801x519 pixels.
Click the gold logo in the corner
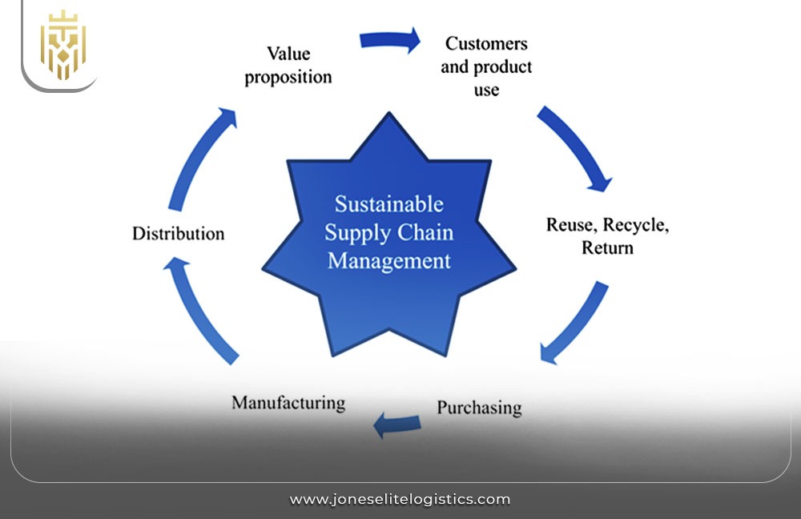[x=63, y=45]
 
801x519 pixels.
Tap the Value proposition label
[x=288, y=66]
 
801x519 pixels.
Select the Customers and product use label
[x=486, y=66]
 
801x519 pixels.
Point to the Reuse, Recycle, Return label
[x=607, y=236]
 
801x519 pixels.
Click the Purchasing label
[x=479, y=408]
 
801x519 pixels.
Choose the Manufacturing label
[x=288, y=402]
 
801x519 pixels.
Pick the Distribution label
[x=178, y=234]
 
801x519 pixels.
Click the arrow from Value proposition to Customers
[x=390, y=40]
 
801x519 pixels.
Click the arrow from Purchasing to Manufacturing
[x=398, y=425]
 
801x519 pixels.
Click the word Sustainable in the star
[x=388, y=204]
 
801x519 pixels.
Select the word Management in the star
[x=388, y=261]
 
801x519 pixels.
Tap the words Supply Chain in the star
[x=388, y=233]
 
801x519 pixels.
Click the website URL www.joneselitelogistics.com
[x=400, y=499]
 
